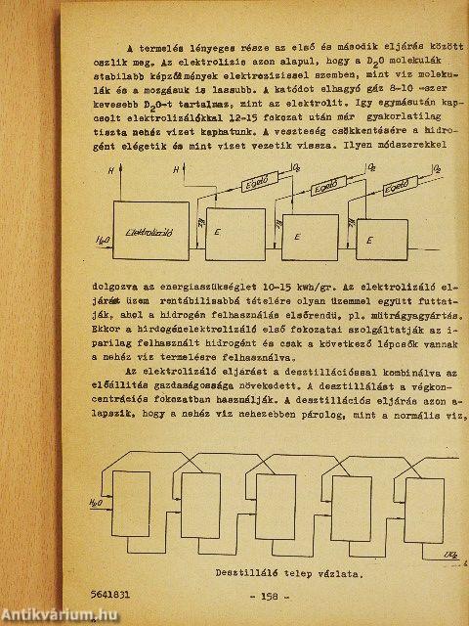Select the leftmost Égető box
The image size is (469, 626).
[x=258, y=181]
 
